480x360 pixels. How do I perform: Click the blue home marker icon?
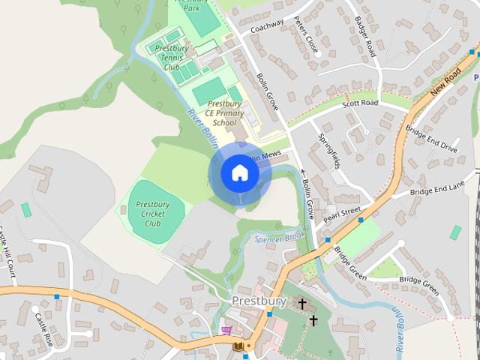pos(239,173)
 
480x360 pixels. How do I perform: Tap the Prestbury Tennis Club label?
pos(172,58)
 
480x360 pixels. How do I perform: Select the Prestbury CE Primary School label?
pos(223,113)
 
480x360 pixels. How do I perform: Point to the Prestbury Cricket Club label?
pos(152,213)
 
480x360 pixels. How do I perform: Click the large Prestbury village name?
pos(259,301)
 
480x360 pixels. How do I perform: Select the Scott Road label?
pos(360,103)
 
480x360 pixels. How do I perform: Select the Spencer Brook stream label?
pos(279,238)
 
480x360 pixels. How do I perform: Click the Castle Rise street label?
pos(43,328)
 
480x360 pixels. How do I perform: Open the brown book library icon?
pos(238,346)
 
